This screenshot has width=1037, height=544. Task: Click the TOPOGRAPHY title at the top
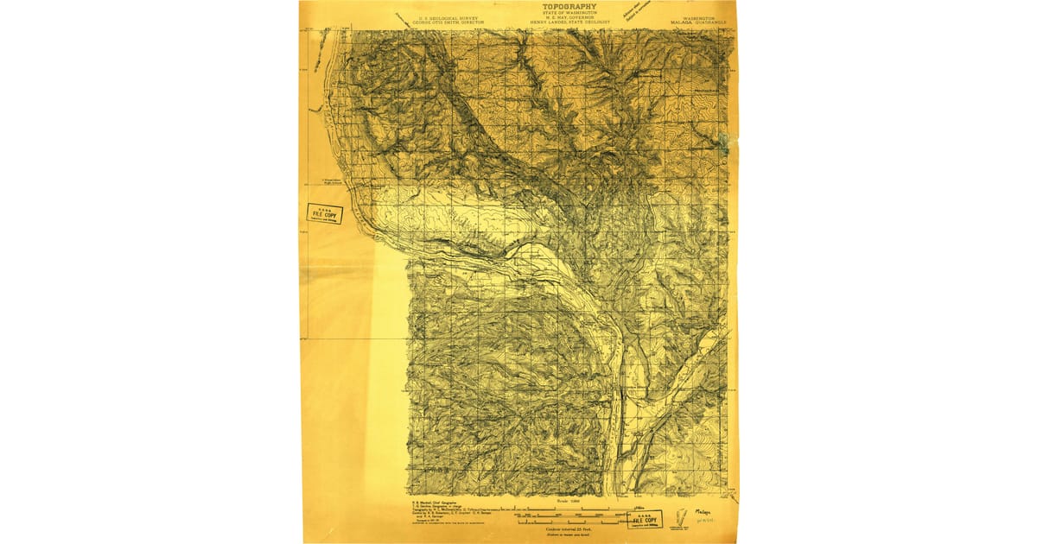569,6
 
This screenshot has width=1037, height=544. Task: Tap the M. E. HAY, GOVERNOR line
569,17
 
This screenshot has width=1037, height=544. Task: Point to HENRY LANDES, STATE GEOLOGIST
569,22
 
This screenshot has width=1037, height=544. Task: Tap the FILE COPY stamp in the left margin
325,213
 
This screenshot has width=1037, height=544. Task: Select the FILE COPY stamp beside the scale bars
645,520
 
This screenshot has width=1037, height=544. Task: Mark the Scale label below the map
569,499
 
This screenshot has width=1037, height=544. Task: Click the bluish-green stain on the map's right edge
724,142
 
